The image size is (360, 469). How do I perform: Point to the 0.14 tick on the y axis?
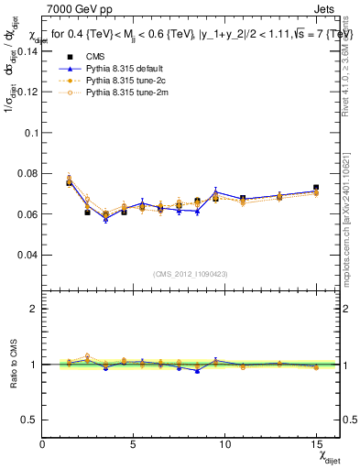click(x=27, y=51)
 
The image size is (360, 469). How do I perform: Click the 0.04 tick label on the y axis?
click(x=27, y=255)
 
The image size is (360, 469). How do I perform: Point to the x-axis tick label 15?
click(x=315, y=444)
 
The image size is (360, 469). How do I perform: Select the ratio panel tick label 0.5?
click(x=29, y=420)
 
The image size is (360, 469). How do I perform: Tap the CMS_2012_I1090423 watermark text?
click(x=190, y=273)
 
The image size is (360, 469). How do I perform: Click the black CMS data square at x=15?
click(x=316, y=188)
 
